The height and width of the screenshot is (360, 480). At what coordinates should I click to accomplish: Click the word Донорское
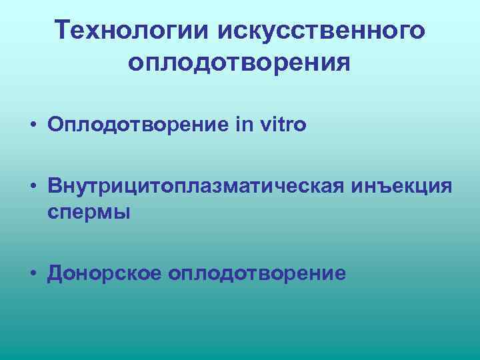[105, 273]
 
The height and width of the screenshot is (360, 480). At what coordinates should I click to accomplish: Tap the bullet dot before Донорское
[31, 273]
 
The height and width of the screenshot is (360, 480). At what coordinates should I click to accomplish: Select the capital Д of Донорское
[55, 273]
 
